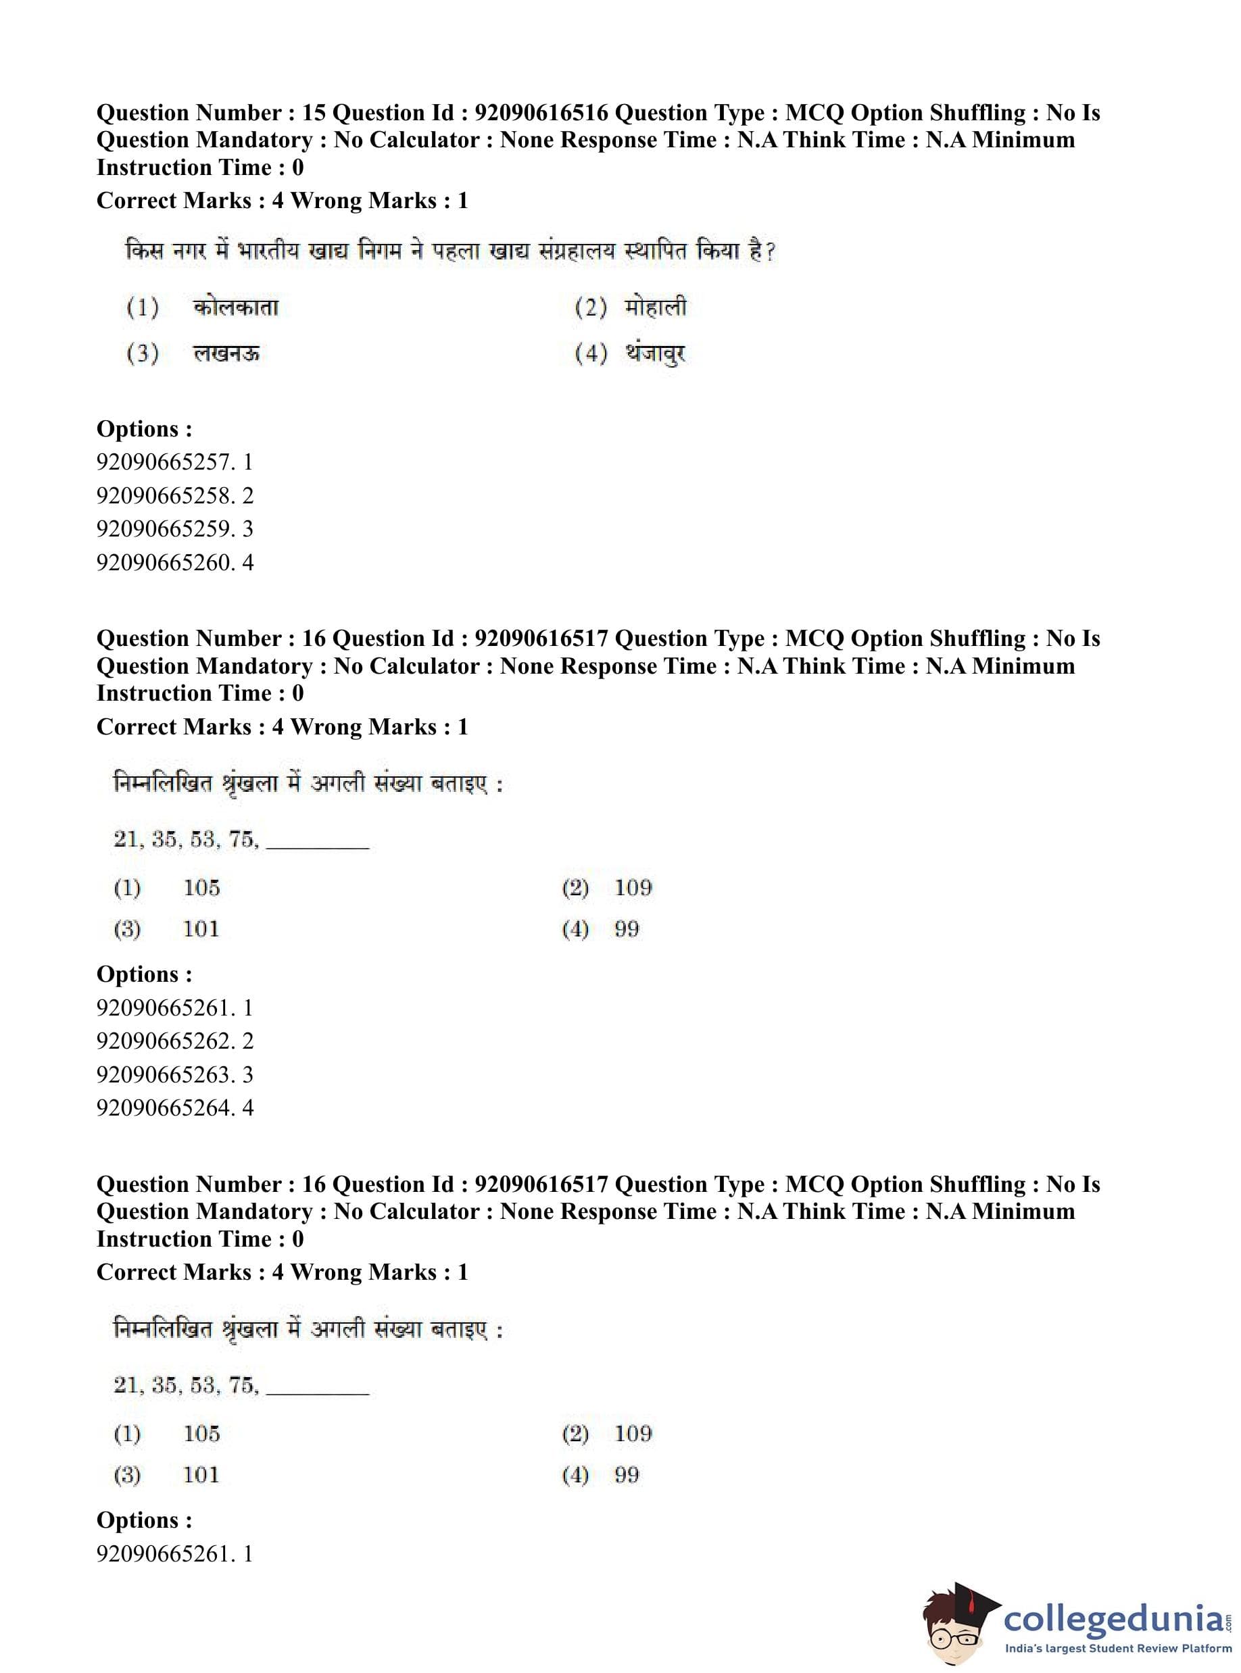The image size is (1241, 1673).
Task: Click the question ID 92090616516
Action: click(541, 113)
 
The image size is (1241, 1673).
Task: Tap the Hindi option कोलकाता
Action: click(235, 308)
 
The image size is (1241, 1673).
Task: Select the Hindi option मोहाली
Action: click(655, 307)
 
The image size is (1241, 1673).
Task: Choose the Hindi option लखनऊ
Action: click(226, 353)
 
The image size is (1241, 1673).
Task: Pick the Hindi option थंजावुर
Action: click(655, 353)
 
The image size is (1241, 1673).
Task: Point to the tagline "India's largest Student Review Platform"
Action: click(1118, 1649)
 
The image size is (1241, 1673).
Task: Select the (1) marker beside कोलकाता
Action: click(143, 308)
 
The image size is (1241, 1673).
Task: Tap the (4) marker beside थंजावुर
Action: click(591, 353)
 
